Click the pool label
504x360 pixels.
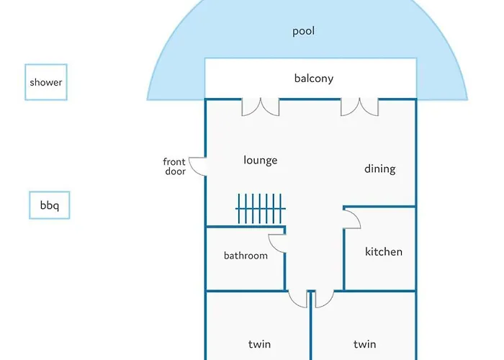(x=303, y=31)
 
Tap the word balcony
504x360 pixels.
(x=314, y=78)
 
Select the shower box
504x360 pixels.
(x=46, y=82)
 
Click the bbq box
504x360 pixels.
(x=50, y=206)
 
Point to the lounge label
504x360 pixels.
(x=260, y=160)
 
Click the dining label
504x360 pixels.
(x=379, y=168)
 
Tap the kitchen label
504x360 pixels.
(x=383, y=251)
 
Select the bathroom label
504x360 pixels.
(x=246, y=256)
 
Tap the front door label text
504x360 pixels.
(x=174, y=166)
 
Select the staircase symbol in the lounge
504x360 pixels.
(x=261, y=210)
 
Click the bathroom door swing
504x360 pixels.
(x=277, y=243)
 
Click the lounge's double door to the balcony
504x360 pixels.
(x=260, y=107)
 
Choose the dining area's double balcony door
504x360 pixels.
(x=359, y=107)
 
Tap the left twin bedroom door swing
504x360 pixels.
(x=298, y=298)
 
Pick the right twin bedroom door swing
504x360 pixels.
(x=323, y=298)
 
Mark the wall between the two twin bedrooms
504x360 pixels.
(x=311, y=331)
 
